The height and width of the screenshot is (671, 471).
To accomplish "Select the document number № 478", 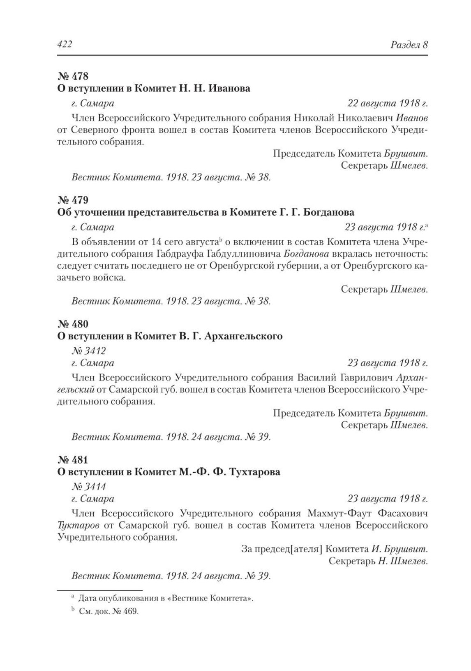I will pos(73,76).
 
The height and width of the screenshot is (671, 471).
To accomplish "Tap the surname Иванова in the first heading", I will pos(229,88).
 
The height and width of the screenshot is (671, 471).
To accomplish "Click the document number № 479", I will pos(73,200).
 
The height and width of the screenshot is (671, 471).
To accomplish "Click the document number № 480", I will pos(73,324).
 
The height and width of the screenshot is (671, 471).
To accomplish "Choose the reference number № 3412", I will pos(88,351).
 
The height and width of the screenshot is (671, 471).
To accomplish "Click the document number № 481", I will pos(73,460).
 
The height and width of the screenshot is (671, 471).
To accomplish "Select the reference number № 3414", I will pos(88,487).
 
